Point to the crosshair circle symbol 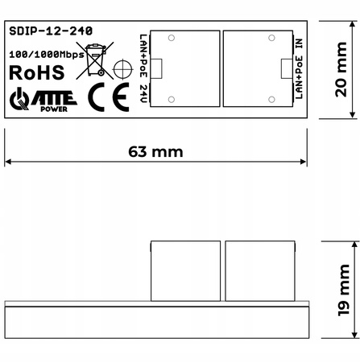tap(123, 72)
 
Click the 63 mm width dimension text tap(156, 151)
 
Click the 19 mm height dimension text tap(343, 296)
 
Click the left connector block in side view tap(185, 270)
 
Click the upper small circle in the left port tap(172, 39)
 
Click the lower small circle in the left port tap(172, 100)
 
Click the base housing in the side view tap(156, 322)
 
